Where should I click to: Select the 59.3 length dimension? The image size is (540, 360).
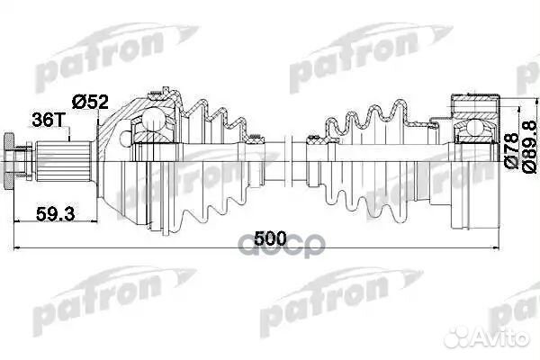55,214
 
